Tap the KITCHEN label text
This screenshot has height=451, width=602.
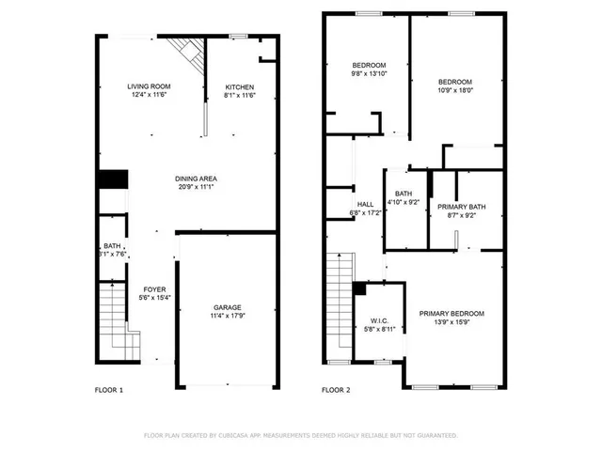coord(239,86)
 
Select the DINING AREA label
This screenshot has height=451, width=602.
coord(197,179)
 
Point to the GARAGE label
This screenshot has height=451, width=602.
coord(227,307)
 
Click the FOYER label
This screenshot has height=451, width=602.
coord(154,288)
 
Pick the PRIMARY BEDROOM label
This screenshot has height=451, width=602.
coord(451,313)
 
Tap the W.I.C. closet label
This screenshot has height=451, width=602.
coord(380,319)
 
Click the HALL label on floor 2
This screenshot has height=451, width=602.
coord(367,204)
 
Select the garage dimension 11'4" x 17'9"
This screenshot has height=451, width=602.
coord(227,316)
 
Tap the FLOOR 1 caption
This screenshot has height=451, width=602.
coord(109,389)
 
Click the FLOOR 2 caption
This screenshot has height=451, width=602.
coord(336,389)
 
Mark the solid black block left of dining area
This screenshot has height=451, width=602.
coord(112,180)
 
